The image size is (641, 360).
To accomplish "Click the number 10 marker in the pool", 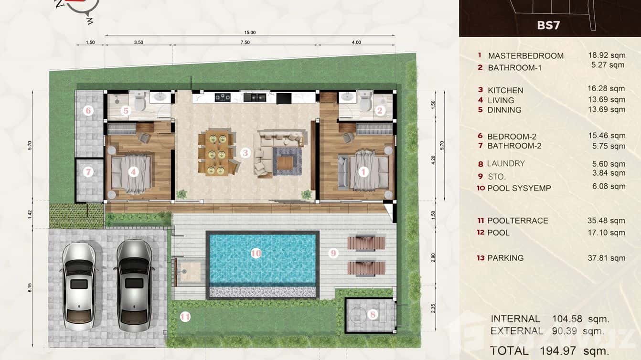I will tap(256, 254).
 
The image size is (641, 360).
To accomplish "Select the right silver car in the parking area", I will tap(134, 285).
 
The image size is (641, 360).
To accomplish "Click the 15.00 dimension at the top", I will tap(250, 32).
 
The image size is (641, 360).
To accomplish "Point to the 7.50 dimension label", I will tap(245, 42).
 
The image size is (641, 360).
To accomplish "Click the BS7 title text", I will tap(548, 25).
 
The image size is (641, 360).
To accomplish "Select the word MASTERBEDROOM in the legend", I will tap(525, 56).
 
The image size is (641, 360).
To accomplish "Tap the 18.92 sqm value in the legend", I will tap(606, 55).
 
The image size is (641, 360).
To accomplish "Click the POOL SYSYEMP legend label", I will tap(519, 188).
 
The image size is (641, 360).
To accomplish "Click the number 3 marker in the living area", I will tap(245, 153).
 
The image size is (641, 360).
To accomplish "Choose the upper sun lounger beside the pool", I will tap(366, 242).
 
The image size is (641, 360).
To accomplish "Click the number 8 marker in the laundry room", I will tap(373, 314).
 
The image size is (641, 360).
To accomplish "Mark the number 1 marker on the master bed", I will tap(363, 171).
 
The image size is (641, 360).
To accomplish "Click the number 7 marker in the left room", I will tap(88, 172).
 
